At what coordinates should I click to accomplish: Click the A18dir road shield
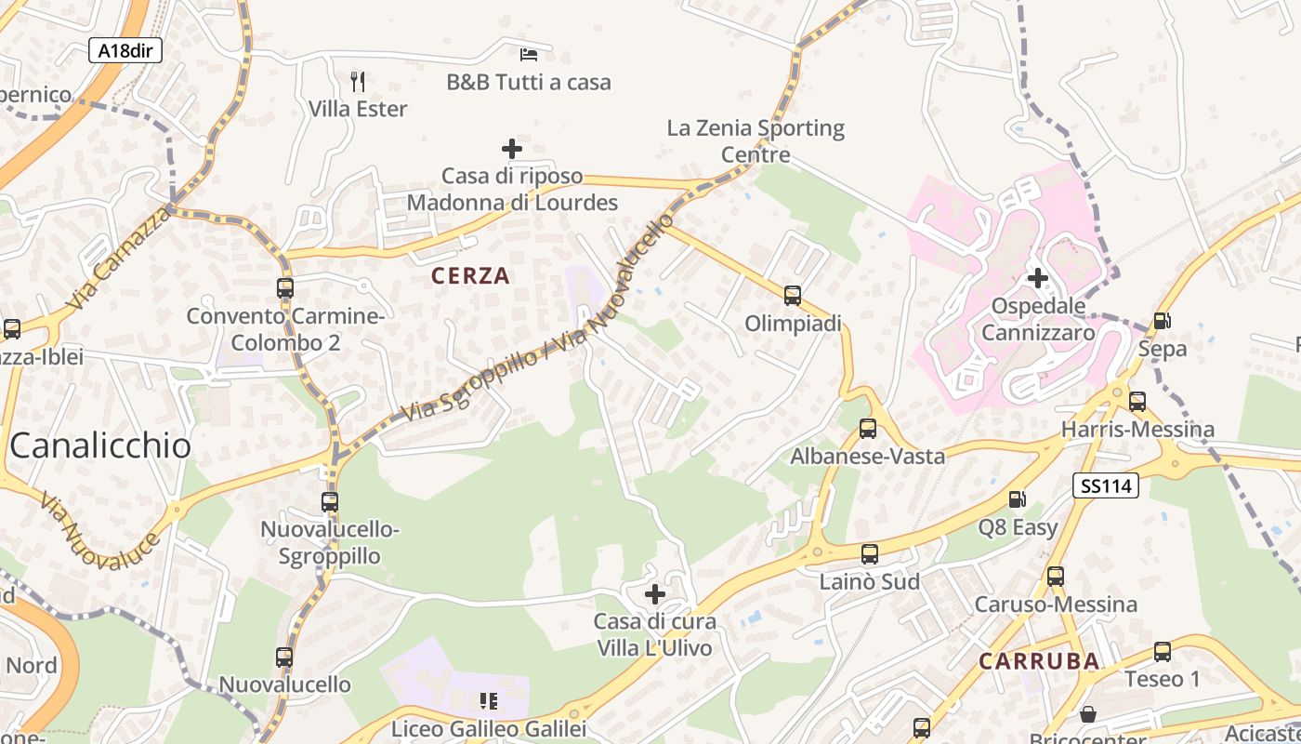tap(125, 50)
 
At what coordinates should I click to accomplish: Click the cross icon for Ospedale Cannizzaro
tap(1038, 277)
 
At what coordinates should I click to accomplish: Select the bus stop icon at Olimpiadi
tap(793, 296)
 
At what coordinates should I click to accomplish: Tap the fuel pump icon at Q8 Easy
tap(1018, 499)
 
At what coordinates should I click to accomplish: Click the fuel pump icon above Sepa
tap(1162, 321)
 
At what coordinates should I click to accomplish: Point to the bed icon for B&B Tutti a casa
tap(529, 54)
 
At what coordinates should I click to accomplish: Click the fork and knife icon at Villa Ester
tap(358, 82)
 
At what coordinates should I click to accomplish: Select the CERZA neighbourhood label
tap(471, 275)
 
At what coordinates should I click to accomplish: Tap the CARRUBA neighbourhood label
tap(1039, 661)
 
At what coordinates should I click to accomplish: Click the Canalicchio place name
tap(100, 445)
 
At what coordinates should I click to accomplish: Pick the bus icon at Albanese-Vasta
tap(868, 429)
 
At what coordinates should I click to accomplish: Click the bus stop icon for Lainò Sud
tap(870, 554)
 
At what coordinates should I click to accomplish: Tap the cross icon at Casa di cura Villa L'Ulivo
tap(655, 593)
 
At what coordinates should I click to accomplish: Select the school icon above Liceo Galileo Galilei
tap(489, 700)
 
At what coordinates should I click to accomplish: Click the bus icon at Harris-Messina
tap(1137, 402)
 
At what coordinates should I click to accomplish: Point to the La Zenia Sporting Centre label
tap(756, 140)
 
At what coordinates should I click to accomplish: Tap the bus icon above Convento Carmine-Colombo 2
tap(285, 288)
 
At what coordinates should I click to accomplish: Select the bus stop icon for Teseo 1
tap(1163, 651)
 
